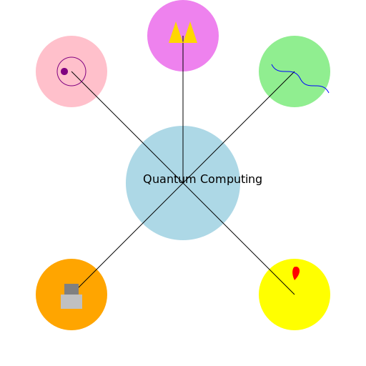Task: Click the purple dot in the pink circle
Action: [x=64, y=71]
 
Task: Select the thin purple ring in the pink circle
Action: [x=71, y=57]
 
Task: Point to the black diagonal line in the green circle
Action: [x=279, y=86]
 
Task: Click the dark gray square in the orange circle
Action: [x=71, y=289]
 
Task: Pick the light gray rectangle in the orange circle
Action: [x=71, y=302]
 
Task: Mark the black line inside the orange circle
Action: [x=89, y=276]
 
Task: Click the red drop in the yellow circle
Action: [x=295, y=273]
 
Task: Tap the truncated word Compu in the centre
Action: [x=218, y=179]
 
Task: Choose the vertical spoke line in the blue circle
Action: [x=183, y=147]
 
